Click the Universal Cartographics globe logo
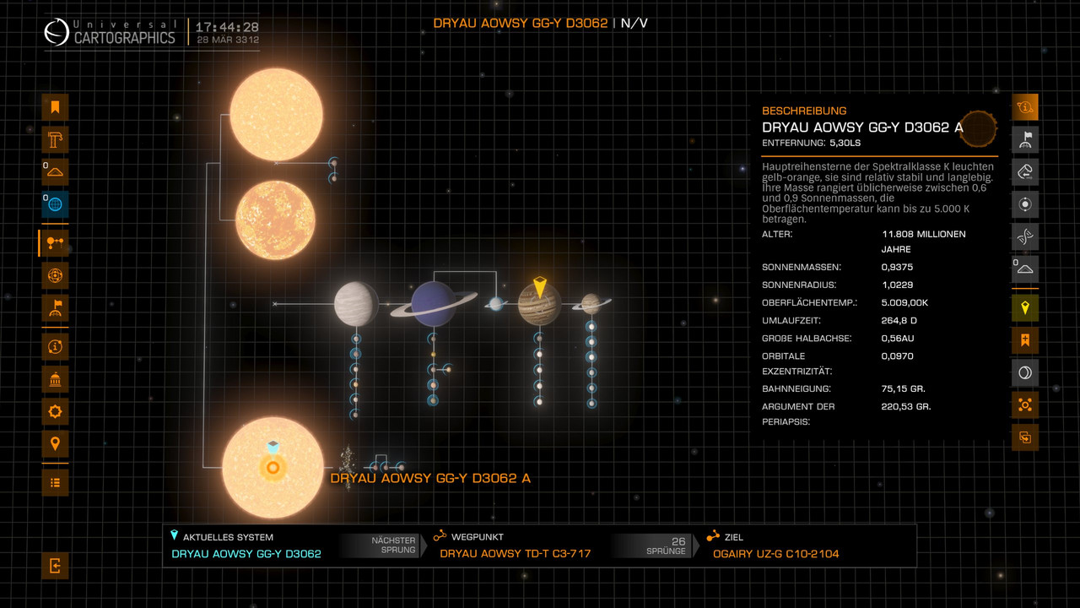[57, 32]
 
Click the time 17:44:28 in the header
[227, 27]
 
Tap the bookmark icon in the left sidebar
[55, 106]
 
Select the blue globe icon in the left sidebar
[55, 204]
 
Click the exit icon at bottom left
[55, 565]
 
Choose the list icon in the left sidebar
[55, 482]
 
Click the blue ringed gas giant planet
[434, 304]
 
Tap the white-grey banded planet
[356, 304]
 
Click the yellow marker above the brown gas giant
[540, 287]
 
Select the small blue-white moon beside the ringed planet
[495, 303]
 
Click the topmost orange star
[276, 114]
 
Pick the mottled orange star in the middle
[275, 220]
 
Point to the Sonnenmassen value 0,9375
[897, 267]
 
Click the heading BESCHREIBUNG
[804, 111]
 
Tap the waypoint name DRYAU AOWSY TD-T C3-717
[515, 553]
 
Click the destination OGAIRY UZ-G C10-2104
[775, 553]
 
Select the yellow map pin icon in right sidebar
[1025, 307]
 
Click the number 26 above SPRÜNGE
[678, 541]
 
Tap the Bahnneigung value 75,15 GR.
[903, 388]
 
